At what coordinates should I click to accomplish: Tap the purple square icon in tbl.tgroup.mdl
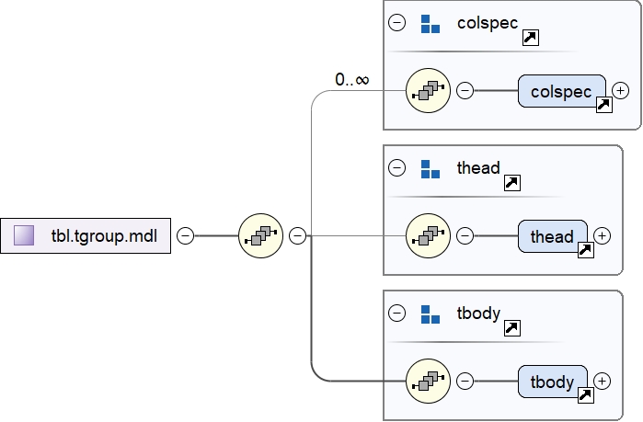tap(25, 236)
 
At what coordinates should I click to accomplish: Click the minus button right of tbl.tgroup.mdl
tap(185, 236)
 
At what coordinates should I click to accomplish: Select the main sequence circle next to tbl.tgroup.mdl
tap(260, 236)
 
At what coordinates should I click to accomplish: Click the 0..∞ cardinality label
tap(352, 80)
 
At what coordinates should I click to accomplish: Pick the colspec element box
tap(561, 91)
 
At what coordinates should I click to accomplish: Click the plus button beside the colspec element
tap(621, 90)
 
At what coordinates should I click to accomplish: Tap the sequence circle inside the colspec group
tap(428, 90)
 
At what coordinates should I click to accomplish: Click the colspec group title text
tap(488, 22)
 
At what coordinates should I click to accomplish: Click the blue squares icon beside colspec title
tap(430, 23)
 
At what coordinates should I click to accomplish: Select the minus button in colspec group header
tap(397, 23)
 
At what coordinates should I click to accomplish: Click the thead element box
tap(552, 236)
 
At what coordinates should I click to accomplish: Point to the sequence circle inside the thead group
tap(428, 236)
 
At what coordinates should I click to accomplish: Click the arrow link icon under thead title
tap(513, 183)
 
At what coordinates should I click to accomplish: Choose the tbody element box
tap(552, 382)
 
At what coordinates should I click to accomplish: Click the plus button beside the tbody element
tap(602, 381)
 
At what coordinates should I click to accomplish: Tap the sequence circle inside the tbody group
tap(428, 382)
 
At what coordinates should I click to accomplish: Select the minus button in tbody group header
tap(397, 314)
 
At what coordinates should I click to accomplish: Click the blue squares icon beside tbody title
tap(430, 314)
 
